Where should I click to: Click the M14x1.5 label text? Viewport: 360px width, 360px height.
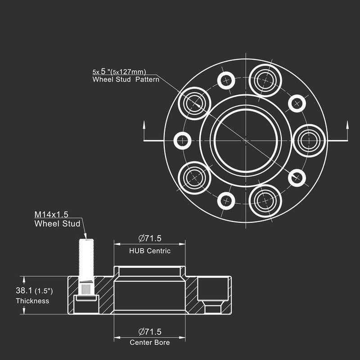[51, 215]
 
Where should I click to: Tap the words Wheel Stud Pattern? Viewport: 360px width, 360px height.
[126, 80]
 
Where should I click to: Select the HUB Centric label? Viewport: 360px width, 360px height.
[150, 251]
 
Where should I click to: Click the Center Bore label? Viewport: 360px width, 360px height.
[150, 342]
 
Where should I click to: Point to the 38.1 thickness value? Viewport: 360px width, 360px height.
[24, 290]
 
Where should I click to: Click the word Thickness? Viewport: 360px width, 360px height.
[32, 301]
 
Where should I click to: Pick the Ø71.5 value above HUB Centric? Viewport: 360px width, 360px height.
[150, 238]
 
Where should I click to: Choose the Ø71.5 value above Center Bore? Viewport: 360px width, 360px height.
[150, 332]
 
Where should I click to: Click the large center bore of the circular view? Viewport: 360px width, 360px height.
[246, 140]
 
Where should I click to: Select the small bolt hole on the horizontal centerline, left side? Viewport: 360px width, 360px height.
[182, 140]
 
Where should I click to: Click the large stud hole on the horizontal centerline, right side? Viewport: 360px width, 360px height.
[309, 140]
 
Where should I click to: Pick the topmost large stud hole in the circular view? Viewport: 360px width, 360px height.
[265, 81]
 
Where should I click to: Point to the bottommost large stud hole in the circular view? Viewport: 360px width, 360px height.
[265, 201]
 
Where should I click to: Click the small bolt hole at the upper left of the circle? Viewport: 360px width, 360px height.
[226, 81]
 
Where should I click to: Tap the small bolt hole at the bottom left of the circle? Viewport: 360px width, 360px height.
[226, 201]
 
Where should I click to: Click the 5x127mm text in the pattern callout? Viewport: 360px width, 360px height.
[128, 72]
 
